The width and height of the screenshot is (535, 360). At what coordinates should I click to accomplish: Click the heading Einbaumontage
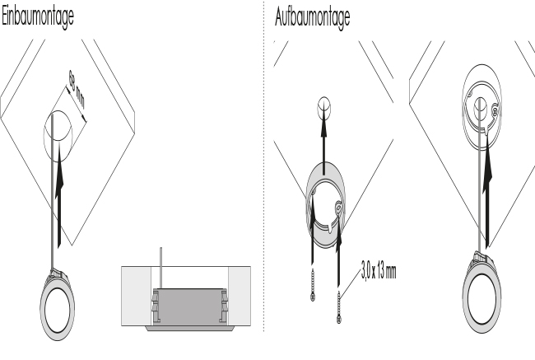[x=38, y=16]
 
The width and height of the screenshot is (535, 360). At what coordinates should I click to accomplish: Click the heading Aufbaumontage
[x=312, y=17]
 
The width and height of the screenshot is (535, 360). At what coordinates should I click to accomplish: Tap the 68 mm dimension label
[x=77, y=89]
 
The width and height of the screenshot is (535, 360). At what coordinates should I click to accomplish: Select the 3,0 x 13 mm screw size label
[x=379, y=272]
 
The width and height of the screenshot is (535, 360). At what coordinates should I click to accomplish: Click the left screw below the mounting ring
[x=313, y=284]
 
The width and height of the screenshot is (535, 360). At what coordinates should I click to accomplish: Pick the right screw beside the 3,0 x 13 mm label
[x=338, y=307]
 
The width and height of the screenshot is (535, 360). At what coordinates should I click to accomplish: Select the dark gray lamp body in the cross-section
[x=189, y=306]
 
